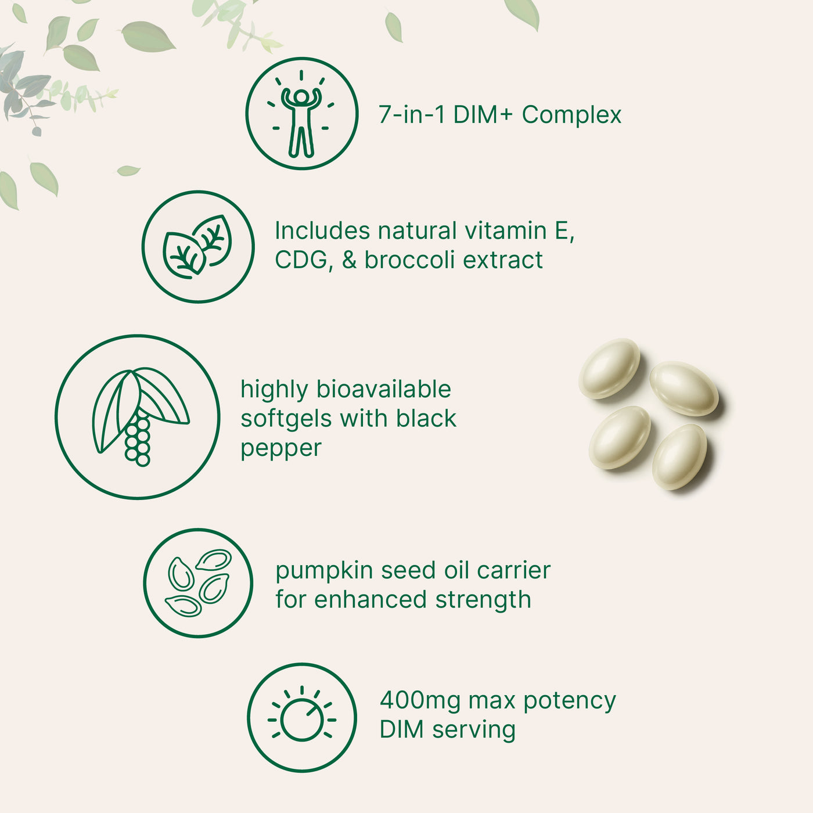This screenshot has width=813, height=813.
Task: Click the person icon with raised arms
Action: (301, 114)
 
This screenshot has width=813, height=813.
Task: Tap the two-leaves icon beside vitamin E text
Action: (198, 247)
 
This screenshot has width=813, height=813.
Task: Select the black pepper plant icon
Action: (138, 417)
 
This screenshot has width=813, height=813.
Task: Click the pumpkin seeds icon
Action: (198, 582)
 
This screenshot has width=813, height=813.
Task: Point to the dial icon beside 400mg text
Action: (301, 718)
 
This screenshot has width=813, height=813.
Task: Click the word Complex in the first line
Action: (571, 115)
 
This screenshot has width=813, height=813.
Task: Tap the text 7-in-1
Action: (412, 115)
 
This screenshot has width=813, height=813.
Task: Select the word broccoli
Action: (410, 260)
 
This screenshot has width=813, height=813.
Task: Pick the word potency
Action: (569, 702)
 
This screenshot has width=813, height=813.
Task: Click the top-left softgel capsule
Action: (609, 369)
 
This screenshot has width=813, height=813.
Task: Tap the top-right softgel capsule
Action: (684, 388)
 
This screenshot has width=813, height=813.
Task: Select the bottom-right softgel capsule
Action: (679, 456)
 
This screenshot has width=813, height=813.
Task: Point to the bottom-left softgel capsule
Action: (619, 437)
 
